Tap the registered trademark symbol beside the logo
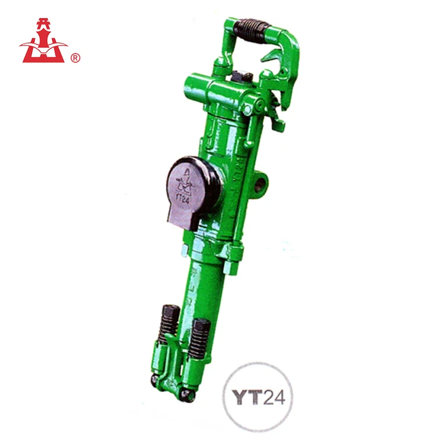pos(75,58)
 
